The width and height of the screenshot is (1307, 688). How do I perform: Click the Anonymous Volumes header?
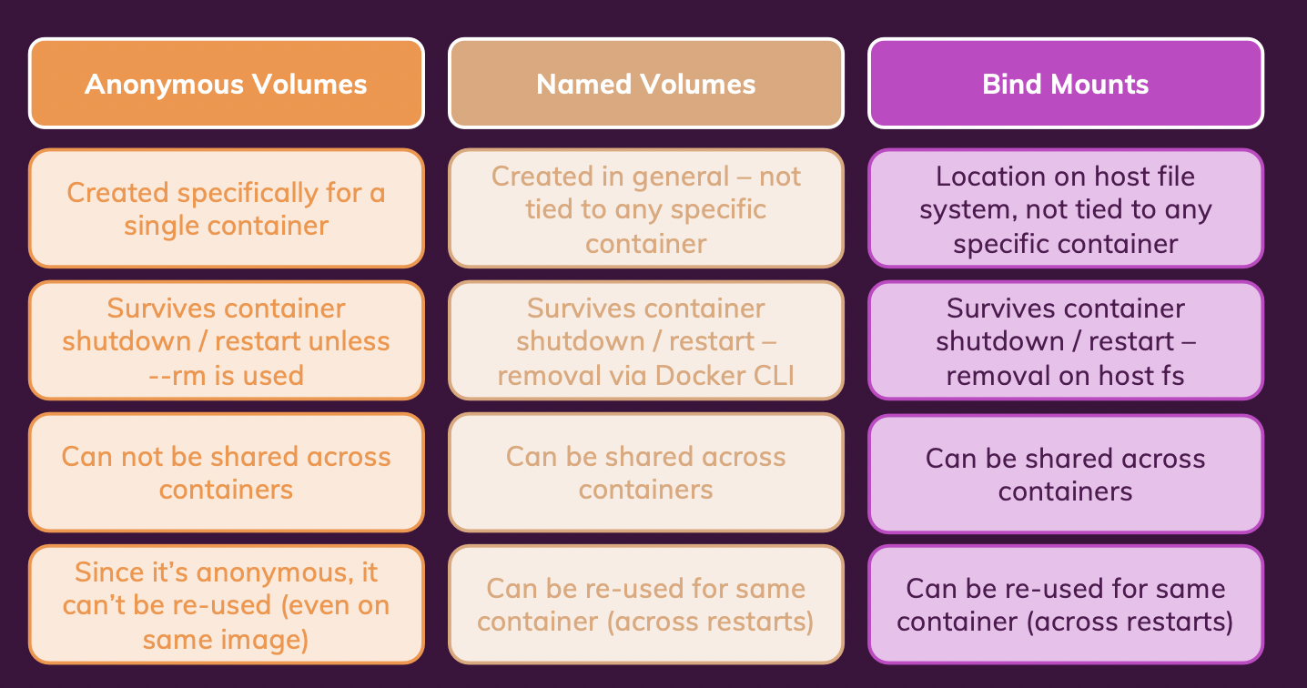[226, 84]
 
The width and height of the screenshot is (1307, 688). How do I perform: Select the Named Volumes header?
[645, 84]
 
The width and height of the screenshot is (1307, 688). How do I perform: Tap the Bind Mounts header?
[1065, 84]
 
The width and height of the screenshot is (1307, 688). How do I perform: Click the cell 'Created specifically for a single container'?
[226, 208]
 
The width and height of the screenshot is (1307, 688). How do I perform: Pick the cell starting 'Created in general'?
[645, 208]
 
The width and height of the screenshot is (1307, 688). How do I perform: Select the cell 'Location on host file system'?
[1065, 208]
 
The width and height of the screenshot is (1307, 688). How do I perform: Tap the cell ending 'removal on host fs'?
[1065, 340]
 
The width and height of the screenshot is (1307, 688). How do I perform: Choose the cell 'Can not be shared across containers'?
[226, 472]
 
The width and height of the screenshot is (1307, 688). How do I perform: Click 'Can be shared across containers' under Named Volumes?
[645, 472]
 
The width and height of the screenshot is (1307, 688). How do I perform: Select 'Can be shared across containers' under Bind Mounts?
[1065, 474]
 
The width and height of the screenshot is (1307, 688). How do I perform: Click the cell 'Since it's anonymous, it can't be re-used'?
[226, 605]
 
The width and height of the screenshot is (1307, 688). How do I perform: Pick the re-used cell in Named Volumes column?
[645, 605]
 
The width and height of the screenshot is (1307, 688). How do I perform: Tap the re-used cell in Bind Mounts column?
[1065, 605]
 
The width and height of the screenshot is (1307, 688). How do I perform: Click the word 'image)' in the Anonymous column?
[269, 640]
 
